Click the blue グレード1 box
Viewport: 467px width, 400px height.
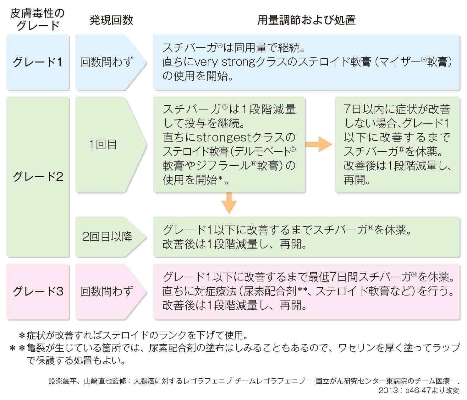pos(38,62)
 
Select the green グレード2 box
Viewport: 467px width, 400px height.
pos(38,177)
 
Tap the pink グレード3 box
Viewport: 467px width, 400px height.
pos(38,292)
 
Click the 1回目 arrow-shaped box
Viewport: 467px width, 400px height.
pos(111,145)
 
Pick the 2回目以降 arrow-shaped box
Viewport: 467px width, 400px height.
pos(111,237)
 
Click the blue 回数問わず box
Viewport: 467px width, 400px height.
pos(111,62)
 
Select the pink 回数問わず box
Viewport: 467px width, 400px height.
pos(111,292)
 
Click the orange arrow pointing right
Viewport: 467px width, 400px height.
pos(319,144)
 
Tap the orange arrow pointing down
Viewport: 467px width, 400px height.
pos(229,203)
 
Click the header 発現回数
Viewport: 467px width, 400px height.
pos(111,20)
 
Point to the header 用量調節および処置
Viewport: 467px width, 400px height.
pos(307,20)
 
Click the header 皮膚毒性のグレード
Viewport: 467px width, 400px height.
pos(37,20)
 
